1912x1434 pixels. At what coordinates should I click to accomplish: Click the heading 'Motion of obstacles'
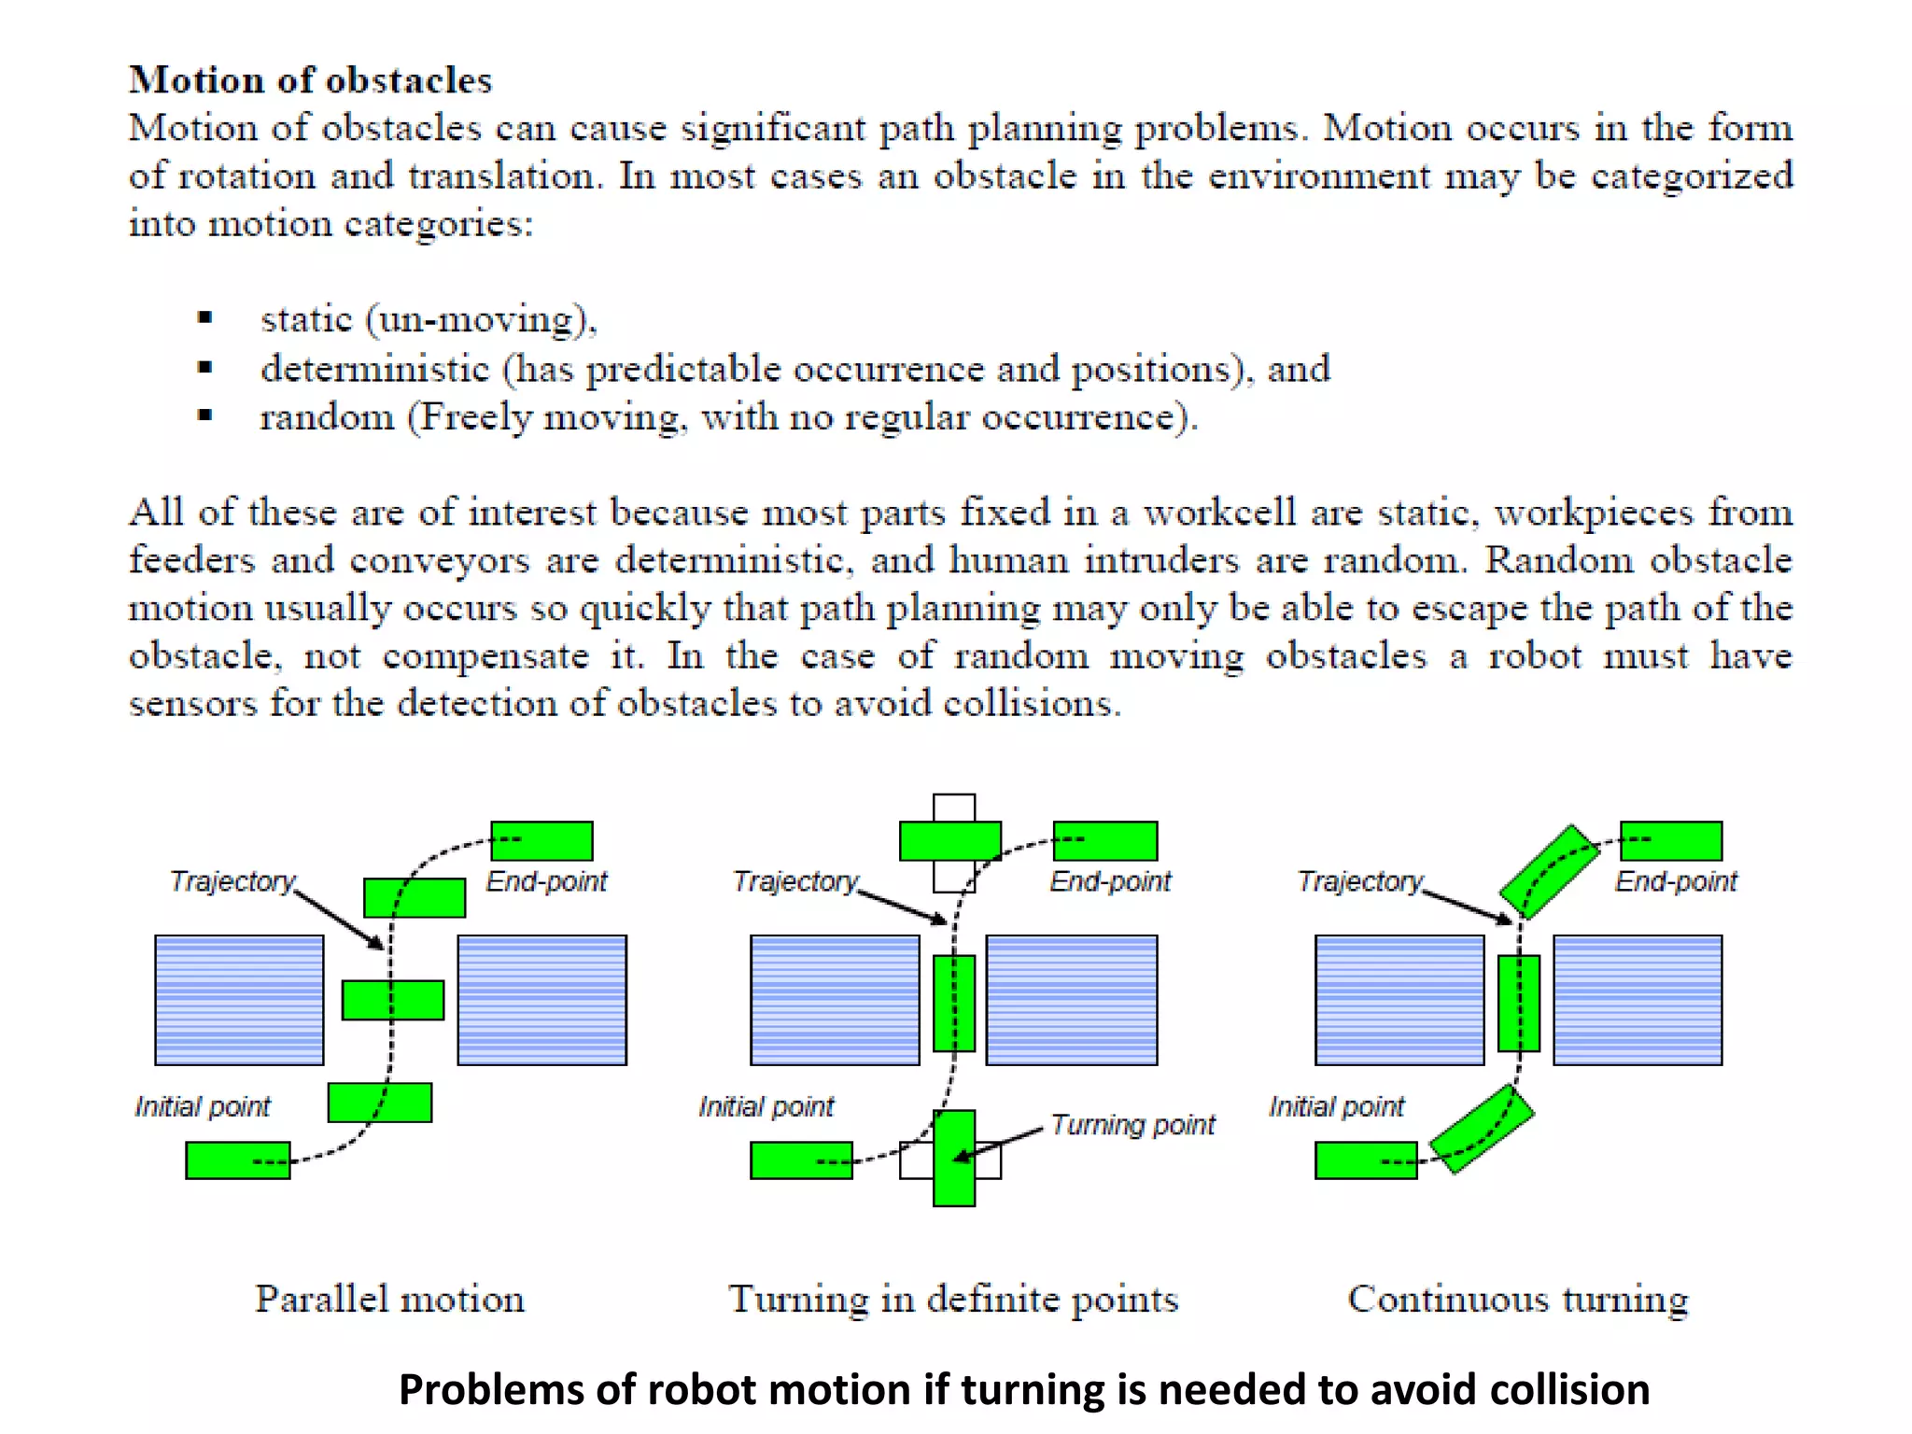coord(310,80)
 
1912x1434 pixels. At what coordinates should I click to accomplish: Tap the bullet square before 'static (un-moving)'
coord(205,318)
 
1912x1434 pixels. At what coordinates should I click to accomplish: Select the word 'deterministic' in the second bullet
coord(375,369)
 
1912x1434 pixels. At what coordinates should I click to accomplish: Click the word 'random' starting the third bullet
coord(327,417)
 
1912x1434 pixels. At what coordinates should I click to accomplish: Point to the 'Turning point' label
coord(1132,1124)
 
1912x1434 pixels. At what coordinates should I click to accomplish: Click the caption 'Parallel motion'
coord(390,1299)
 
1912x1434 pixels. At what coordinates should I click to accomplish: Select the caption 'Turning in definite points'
coord(953,1299)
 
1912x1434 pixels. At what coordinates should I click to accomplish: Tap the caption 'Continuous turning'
coord(1518,1299)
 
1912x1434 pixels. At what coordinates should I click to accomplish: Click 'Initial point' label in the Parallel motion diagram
coord(203,1106)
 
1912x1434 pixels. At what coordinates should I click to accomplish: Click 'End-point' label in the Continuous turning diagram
coord(1676,881)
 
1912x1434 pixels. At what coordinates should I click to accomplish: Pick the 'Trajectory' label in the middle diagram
coord(795,881)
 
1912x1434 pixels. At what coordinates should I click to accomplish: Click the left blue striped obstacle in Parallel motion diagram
coord(239,1000)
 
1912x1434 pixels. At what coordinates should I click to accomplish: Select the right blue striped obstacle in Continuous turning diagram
coord(1638,1000)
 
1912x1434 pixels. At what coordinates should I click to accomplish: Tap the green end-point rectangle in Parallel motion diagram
coord(542,841)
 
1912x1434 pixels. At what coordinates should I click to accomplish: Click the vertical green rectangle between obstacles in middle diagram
coord(954,1003)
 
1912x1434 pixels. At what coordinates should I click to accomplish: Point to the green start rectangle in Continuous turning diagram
coord(1366,1160)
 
